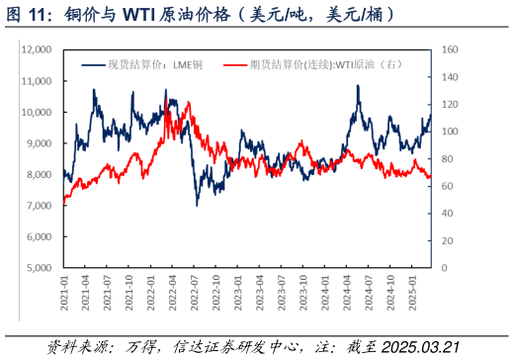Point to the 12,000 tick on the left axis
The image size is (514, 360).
click(36, 49)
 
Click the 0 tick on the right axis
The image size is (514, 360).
click(442, 268)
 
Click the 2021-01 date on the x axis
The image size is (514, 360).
click(64, 294)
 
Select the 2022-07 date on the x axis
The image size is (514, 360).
click(196, 294)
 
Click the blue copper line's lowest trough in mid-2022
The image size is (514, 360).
click(197, 205)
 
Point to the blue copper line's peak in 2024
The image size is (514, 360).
click(356, 86)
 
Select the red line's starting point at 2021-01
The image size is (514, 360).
click(63, 202)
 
